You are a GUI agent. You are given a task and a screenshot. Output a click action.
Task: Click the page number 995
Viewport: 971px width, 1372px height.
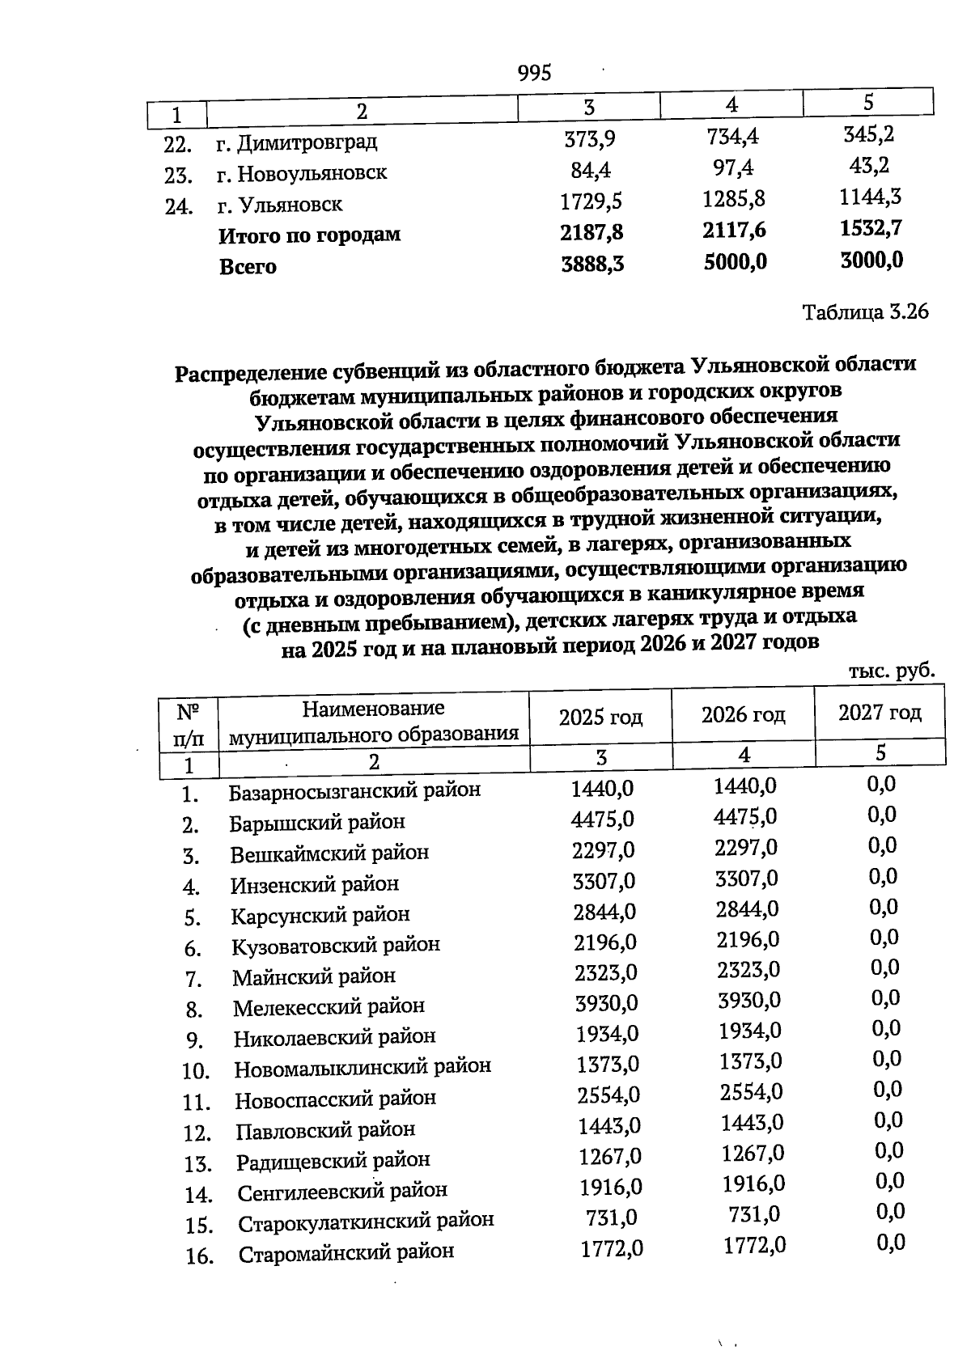pyautogui.click(x=534, y=74)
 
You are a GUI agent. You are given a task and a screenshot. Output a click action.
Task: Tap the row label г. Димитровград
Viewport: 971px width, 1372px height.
pyautogui.click(x=297, y=143)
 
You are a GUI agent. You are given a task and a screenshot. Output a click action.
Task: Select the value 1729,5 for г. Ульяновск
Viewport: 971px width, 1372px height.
pyautogui.click(x=592, y=201)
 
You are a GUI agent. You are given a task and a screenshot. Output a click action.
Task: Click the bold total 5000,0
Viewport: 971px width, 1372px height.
pyautogui.click(x=735, y=262)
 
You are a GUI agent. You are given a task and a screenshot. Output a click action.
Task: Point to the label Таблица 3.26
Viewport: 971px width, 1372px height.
pyautogui.click(x=865, y=312)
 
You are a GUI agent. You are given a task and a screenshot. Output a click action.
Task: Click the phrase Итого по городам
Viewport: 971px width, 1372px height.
pyautogui.click(x=310, y=235)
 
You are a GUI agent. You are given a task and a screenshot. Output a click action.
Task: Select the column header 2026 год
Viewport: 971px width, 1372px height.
pyautogui.click(x=743, y=715)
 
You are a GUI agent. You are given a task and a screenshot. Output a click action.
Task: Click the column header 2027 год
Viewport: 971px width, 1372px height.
pyautogui.click(x=880, y=713)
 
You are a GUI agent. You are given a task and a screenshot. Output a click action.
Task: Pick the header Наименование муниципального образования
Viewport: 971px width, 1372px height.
pyautogui.click(x=374, y=722)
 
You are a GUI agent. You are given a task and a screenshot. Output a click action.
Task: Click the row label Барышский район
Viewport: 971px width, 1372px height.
pyautogui.click(x=317, y=823)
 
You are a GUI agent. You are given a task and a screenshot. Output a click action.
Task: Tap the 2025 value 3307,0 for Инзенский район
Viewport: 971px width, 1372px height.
pyautogui.click(x=604, y=881)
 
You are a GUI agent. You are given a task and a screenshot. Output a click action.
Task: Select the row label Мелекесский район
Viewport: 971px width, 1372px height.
pyautogui.click(x=329, y=1007)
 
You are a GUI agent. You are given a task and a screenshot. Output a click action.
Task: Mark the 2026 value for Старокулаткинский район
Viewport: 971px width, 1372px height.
pyautogui.click(x=754, y=1214)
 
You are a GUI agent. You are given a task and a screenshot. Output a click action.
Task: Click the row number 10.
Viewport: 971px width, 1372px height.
pyautogui.click(x=196, y=1072)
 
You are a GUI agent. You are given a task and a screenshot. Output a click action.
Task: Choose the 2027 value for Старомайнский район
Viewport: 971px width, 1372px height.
pyautogui.click(x=891, y=1243)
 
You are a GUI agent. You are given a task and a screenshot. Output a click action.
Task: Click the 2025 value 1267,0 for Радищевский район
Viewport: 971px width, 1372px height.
pyautogui.click(x=610, y=1157)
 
